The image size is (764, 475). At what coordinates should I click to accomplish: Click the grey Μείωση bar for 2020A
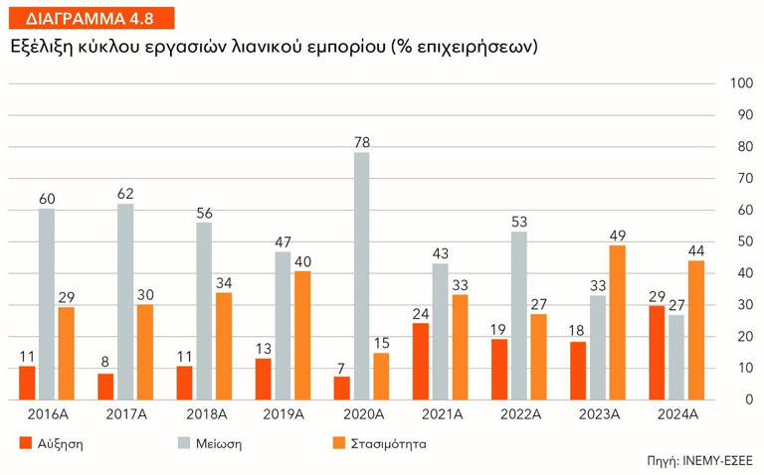tap(361, 275)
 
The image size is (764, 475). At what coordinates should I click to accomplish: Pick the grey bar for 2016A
tap(46, 304)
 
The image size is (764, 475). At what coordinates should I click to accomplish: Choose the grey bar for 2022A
tap(518, 315)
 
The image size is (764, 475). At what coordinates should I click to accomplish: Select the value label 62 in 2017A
tap(125, 194)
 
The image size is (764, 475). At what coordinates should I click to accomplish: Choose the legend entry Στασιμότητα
tap(377, 443)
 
